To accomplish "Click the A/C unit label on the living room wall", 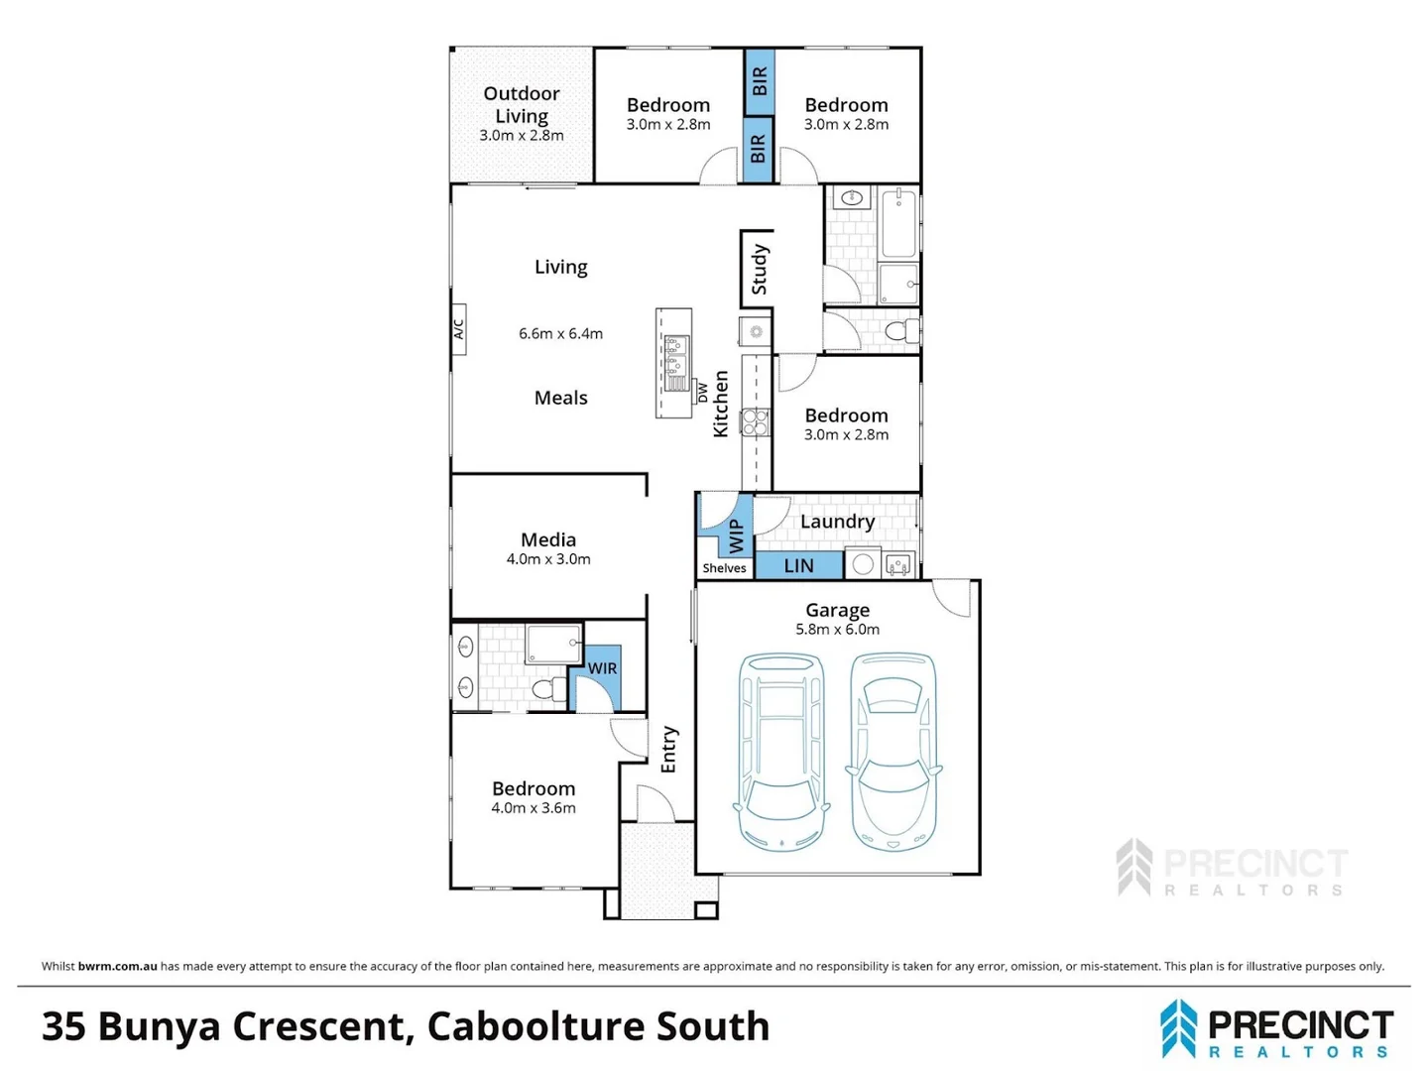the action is [459, 329].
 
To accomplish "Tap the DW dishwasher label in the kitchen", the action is [702, 393].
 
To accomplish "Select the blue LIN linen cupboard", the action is [798, 565].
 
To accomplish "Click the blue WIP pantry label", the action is [736, 535].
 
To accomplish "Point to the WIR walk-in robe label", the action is [602, 667].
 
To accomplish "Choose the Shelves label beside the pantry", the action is [724, 568].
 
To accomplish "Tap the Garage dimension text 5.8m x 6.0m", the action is [837, 629].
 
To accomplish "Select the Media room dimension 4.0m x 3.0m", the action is [548, 558].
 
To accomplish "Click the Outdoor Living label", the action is [521, 105].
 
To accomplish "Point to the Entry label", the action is [668, 749].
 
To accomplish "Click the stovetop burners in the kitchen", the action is [756, 421].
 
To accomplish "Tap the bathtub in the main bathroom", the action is [898, 223].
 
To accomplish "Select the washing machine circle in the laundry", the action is [863, 564].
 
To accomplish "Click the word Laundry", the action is [837, 522].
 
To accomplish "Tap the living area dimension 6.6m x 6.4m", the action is [560, 333].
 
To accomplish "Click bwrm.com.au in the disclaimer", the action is [117, 966].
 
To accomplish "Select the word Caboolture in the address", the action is [536, 1026].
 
